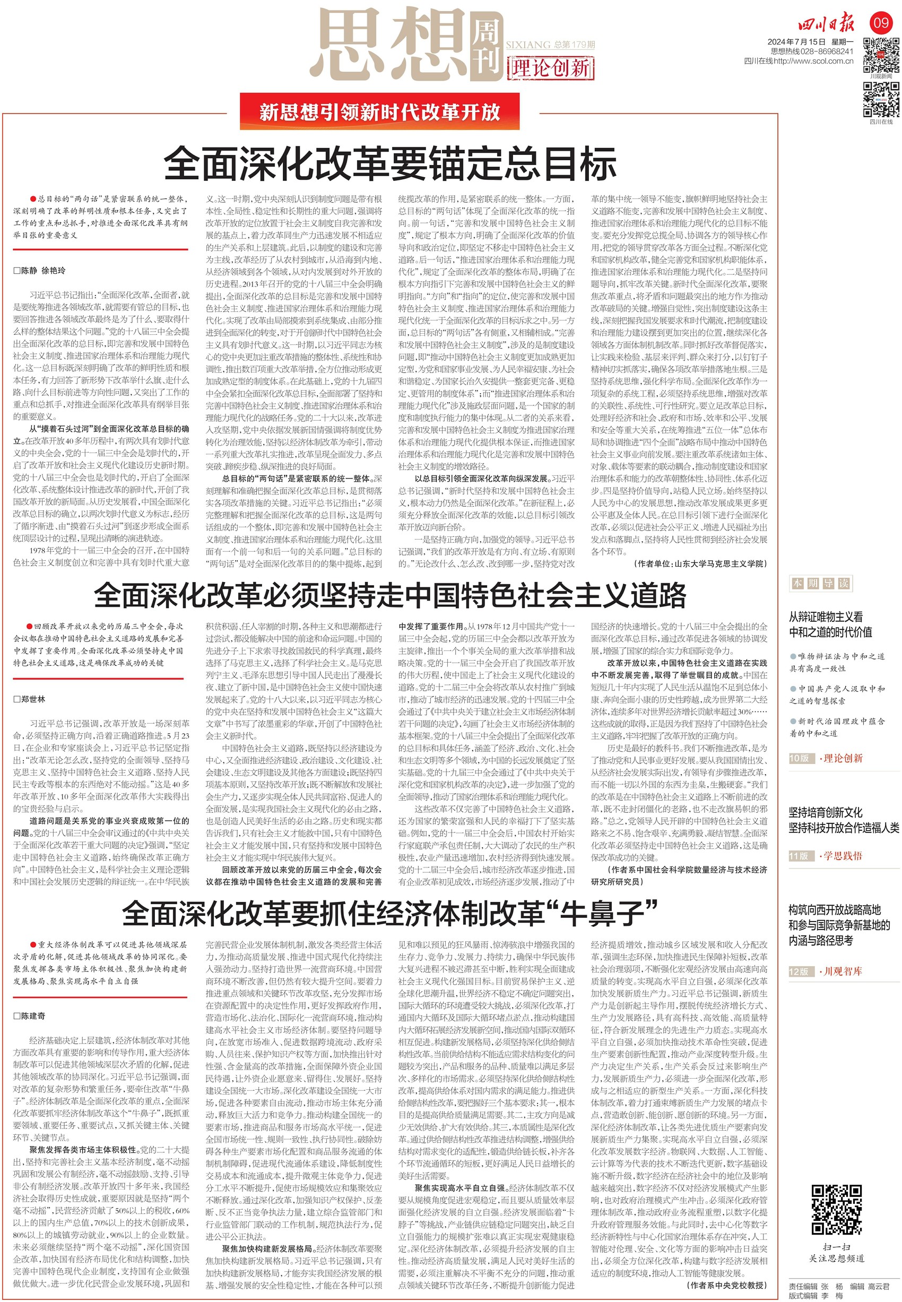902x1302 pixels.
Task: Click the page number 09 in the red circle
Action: click(882, 23)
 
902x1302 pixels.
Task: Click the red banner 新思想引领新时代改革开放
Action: click(379, 111)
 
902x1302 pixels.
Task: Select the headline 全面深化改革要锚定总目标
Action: click(390, 164)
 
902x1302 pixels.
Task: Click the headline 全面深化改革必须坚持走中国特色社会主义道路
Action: click(390, 594)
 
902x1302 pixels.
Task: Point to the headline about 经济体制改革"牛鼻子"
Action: click(390, 913)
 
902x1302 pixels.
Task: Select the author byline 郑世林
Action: click(32, 699)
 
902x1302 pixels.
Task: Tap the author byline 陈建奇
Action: click(32, 1016)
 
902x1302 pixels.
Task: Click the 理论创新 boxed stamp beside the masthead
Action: click(550, 68)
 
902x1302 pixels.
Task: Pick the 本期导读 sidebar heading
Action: click(820, 583)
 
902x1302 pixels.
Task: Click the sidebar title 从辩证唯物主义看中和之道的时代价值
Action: click(830, 624)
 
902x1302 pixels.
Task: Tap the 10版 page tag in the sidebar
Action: click(799, 758)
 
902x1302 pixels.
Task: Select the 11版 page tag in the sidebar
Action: click(799, 856)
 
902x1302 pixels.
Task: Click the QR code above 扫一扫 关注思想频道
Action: click(836, 1209)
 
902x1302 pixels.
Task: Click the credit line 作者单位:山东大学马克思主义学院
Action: click(701, 563)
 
